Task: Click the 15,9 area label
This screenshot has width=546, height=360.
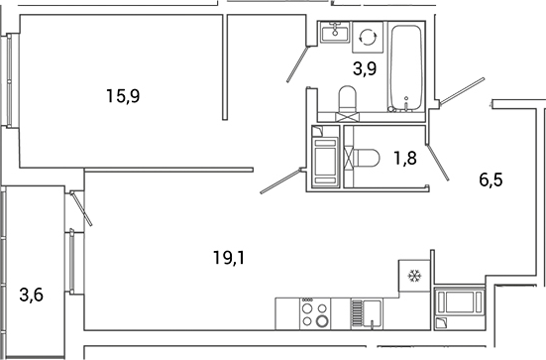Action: (122, 96)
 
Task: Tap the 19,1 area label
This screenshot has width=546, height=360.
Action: (229, 259)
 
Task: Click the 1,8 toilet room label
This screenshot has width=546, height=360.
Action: (404, 155)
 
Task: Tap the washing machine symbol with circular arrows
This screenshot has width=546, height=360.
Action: (368, 36)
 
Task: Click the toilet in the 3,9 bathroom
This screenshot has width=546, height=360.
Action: (348, 101)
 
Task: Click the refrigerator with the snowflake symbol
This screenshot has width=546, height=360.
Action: (413, 276)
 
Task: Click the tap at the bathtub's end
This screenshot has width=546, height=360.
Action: (407, 101)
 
